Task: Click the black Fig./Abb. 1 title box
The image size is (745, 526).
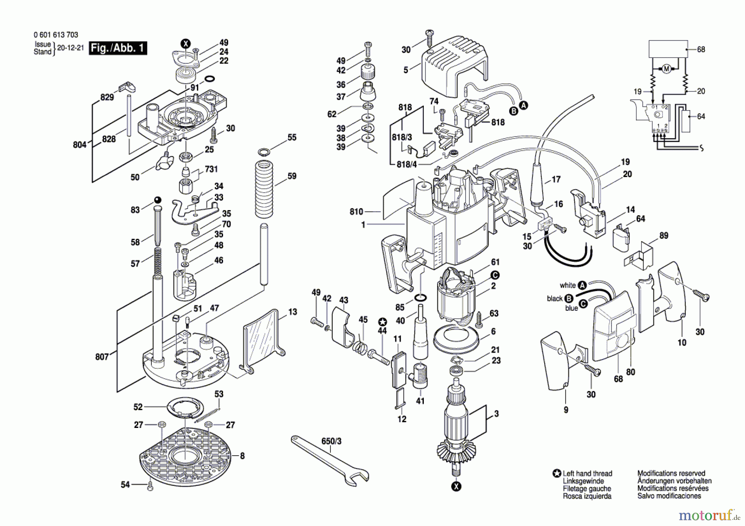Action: (118, 48)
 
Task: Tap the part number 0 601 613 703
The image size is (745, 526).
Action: (55, 35)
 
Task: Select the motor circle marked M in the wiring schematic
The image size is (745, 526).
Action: (666, 69)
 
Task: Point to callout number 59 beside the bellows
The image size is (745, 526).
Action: (292, 176)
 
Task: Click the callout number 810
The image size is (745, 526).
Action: (356, 212)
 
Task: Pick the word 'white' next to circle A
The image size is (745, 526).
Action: (567, 285)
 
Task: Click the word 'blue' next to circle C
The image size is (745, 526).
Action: (571, 308)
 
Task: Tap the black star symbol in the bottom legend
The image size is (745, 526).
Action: (557, 473)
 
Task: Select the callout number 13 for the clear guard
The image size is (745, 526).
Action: (293, 312)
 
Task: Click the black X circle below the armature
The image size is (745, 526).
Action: (456, 486)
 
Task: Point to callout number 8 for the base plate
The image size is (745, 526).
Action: (242, 456)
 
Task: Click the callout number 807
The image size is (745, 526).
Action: (102, 356)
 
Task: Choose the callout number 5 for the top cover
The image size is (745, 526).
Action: (406, 70)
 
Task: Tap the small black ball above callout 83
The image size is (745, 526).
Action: (157, 200)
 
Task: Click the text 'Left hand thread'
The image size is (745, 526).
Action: (587, 473)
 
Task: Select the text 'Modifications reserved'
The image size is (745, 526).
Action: (671, 473)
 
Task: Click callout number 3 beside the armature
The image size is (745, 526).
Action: (496, 413)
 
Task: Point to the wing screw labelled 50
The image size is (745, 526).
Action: (163, 163)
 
